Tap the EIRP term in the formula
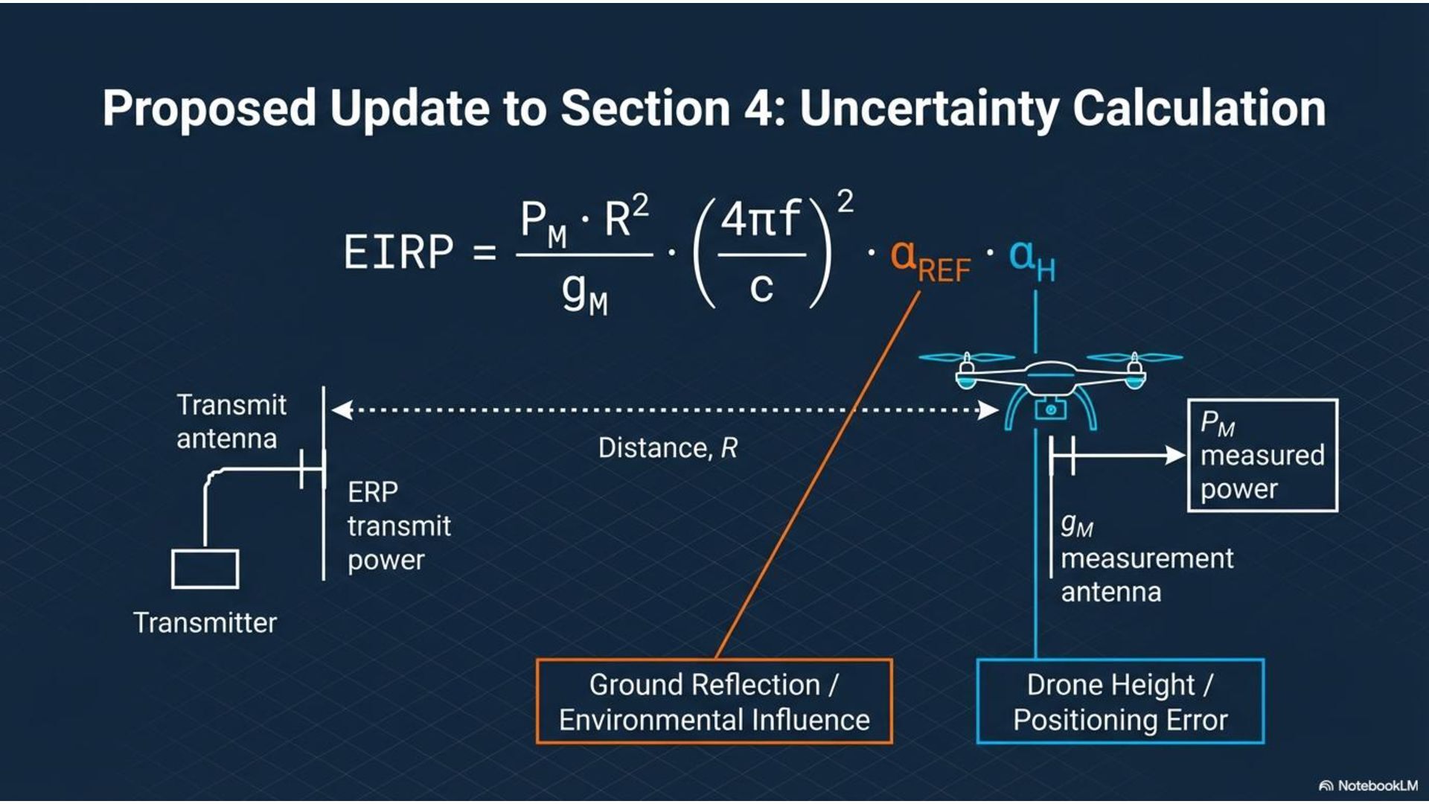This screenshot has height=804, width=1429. (398, 252)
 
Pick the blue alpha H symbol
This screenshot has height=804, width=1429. (1032, 260)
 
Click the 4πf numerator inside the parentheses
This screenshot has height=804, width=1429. (761, 219)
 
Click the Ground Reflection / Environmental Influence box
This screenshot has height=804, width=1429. (714, 701)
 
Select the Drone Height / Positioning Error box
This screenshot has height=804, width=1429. (1120, 701)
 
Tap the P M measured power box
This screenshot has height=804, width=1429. (1262, 456)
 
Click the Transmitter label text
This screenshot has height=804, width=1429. (205, 622)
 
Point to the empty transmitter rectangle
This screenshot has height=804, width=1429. (205, 569)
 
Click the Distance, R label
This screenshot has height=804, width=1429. (668, 448)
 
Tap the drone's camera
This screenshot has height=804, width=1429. (1050, 409)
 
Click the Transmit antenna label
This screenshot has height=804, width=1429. (231, 421)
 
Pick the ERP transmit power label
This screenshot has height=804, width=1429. (399, 526)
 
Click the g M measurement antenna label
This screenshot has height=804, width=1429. (1146, 558)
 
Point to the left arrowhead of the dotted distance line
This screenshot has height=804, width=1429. (342, 409)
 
